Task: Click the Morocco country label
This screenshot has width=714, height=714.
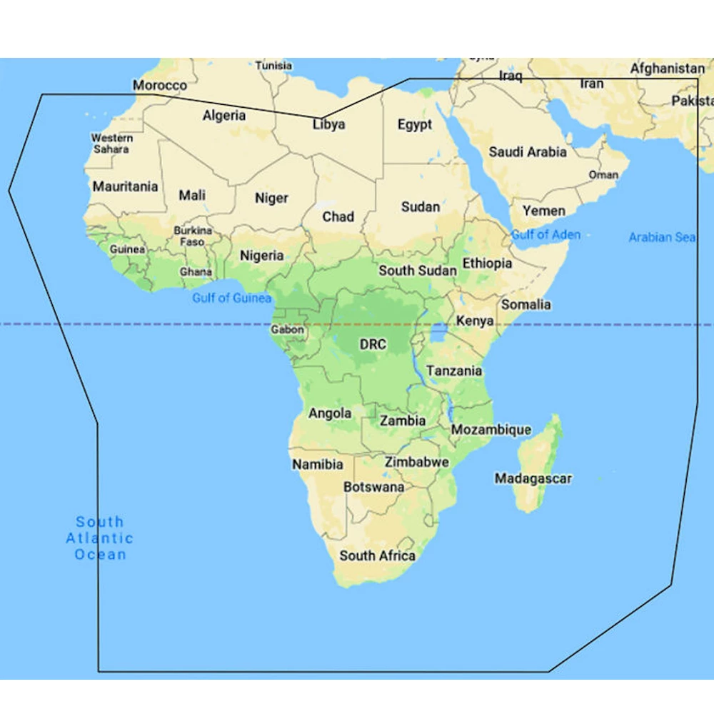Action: point(160,86)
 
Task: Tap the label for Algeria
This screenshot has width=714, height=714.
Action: point(224,116)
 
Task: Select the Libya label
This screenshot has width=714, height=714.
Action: point(329,124)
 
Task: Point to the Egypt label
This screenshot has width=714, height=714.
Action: point(415,125)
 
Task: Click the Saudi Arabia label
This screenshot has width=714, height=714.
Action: point(528,152)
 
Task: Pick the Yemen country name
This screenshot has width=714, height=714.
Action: point(544,211)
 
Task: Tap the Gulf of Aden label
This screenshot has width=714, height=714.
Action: point(546,235)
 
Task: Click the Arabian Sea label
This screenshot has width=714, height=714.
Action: point(662,237)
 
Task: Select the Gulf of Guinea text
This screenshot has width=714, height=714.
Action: point(232,298)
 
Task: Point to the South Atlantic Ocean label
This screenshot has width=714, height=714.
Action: point(100,538)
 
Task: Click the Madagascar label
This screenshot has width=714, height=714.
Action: point(533,478)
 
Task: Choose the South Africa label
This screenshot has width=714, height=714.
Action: point(377,555)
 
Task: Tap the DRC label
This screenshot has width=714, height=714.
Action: point(373,345)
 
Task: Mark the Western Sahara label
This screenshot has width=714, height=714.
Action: point(111,144)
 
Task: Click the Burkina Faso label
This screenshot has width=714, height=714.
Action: point(193,236)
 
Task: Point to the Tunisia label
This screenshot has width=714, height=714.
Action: point(274,66)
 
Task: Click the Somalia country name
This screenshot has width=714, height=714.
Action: point(526,305)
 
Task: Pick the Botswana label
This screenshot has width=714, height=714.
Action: point(374,488)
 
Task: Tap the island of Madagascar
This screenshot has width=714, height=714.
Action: point(544,450)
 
